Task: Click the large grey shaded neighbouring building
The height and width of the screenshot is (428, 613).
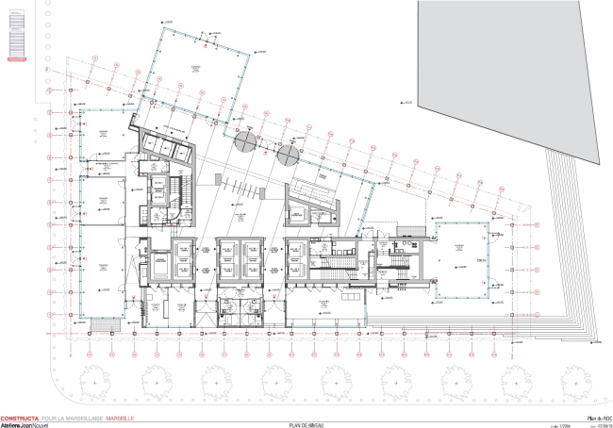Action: (x=509, y=75)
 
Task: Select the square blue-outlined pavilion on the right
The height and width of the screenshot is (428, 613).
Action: (x=462, y=255)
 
